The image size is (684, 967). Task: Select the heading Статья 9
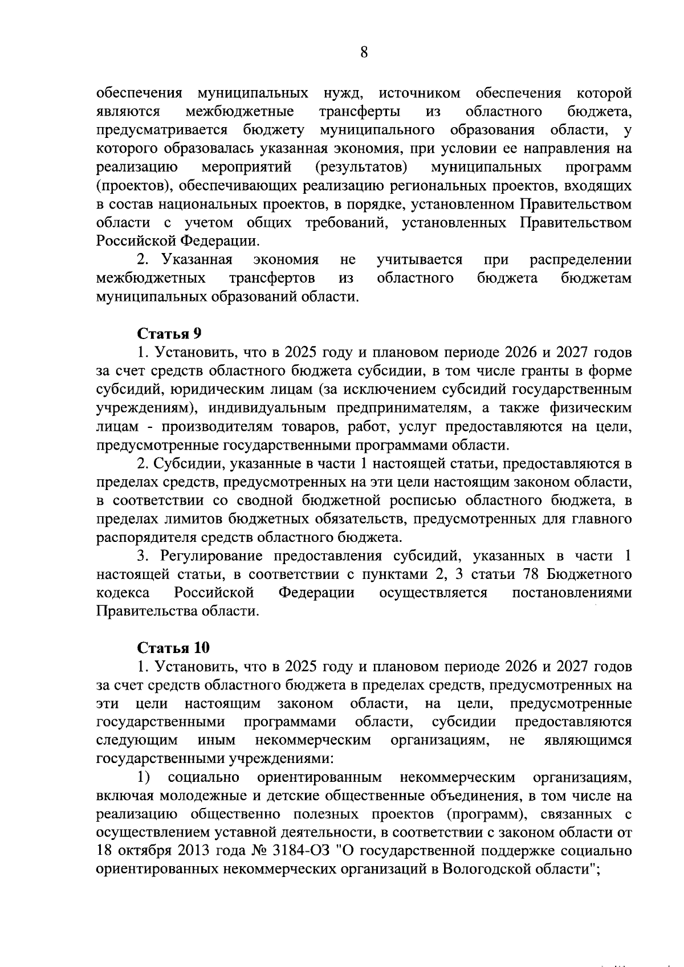click(x=170, y=334)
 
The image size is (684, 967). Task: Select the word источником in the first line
click(x=419, y=93)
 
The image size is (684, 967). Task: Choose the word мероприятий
click(x=247, y=167)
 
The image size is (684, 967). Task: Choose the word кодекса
click(x=124, y=593)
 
